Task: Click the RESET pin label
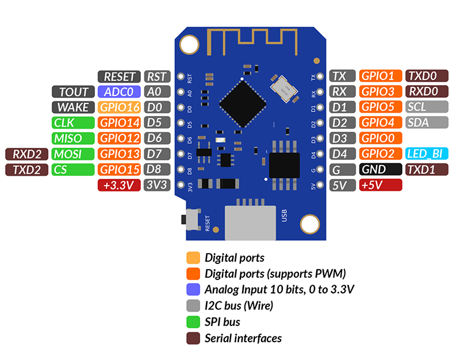(119, 76)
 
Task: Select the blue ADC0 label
(119, 92)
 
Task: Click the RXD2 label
(26, 154)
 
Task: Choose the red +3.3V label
(119, 185)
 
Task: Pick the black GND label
(380, 170)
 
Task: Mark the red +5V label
(380, 185)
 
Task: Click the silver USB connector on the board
(250, 222)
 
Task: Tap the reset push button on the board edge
(187, 220)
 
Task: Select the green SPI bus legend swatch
(194, 321)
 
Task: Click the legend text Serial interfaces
(243, 338)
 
